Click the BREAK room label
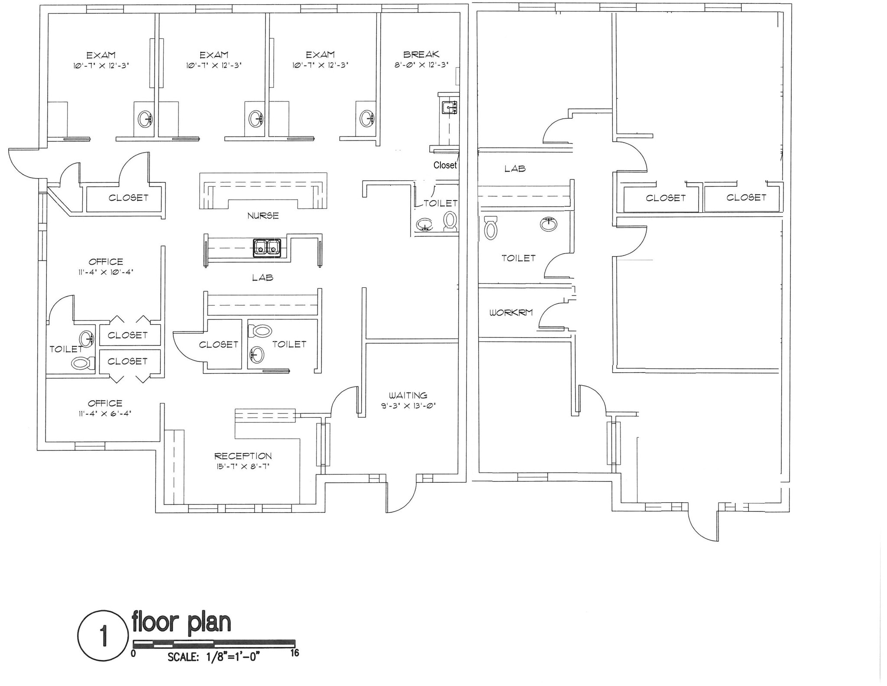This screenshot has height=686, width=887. tap(421, 55)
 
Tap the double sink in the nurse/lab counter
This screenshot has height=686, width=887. tap(267, 248)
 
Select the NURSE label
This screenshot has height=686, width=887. tap(263, 215)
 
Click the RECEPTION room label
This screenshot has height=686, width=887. tap(243, 456)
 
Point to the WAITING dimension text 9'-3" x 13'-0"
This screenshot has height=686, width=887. tap(408, 406)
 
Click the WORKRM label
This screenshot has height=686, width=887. tap(511, 312)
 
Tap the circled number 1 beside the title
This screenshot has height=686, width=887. tap(103, 636)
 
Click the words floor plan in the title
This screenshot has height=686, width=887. tap(181, 622)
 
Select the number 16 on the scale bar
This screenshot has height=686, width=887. tap(295, 653)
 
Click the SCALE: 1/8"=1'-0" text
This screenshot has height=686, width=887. tap(213, 657)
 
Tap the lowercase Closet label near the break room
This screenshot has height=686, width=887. tap(445, 165)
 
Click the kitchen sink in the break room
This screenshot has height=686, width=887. tap(449, 107)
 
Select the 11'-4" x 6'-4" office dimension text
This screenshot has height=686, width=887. tap(105, 413)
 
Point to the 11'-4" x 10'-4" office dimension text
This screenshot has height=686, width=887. tap(106, 272)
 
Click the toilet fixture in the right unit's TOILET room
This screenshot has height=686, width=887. tap(490, 228)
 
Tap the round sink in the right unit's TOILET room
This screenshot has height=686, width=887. tap(548, 224)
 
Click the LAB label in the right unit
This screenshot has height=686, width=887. tap(515, 169)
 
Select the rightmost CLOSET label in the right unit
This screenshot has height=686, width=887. tap(746, 198)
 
